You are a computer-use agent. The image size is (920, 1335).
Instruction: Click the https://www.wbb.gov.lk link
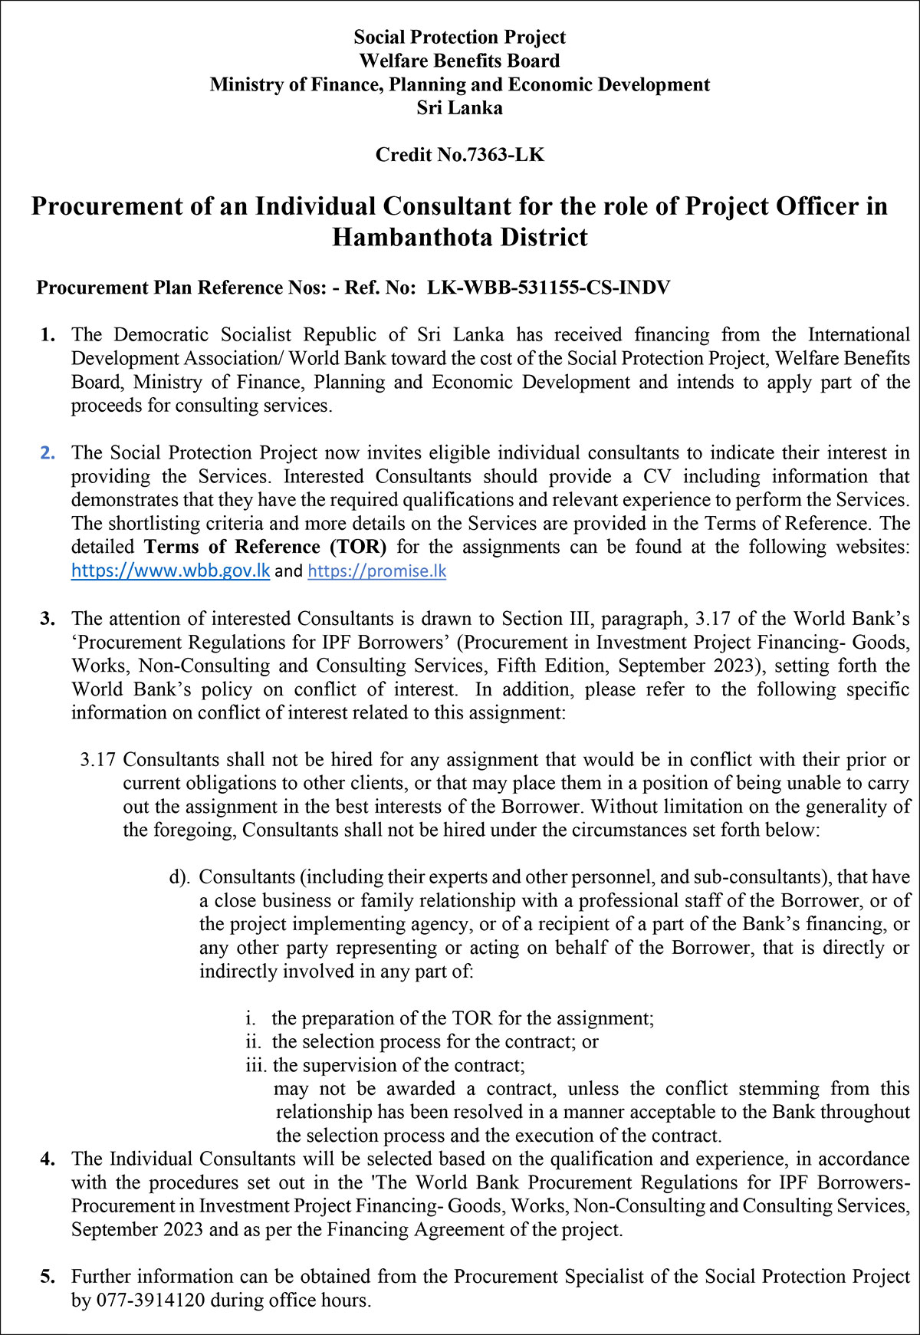(170, 571)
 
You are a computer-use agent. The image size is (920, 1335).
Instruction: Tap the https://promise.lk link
(376, 571)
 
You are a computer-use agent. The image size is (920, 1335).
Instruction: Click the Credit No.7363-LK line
(459, 155)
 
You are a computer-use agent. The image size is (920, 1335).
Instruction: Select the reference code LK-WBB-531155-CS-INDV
(548, 288)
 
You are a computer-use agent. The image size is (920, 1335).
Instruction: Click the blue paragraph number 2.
(48, 453)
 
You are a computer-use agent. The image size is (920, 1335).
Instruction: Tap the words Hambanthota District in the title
(459, 238)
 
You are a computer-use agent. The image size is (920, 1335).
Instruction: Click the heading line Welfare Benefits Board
(459, 61)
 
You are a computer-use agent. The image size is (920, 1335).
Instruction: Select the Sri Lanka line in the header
(459, 108)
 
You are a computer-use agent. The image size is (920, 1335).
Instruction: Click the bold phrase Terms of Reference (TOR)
(265, 547)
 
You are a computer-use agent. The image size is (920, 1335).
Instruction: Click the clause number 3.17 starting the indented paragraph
(98, 760)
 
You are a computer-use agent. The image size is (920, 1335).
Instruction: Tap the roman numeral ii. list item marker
(253, 1042)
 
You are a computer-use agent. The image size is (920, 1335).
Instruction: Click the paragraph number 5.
(48, 1277)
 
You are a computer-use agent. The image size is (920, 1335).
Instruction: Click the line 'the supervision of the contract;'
(399, 1066)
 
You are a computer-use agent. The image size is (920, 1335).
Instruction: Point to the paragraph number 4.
(48, 1159)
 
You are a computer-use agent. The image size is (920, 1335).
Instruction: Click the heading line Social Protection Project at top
(459, 37)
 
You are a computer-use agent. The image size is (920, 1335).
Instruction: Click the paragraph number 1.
(48, 335)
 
